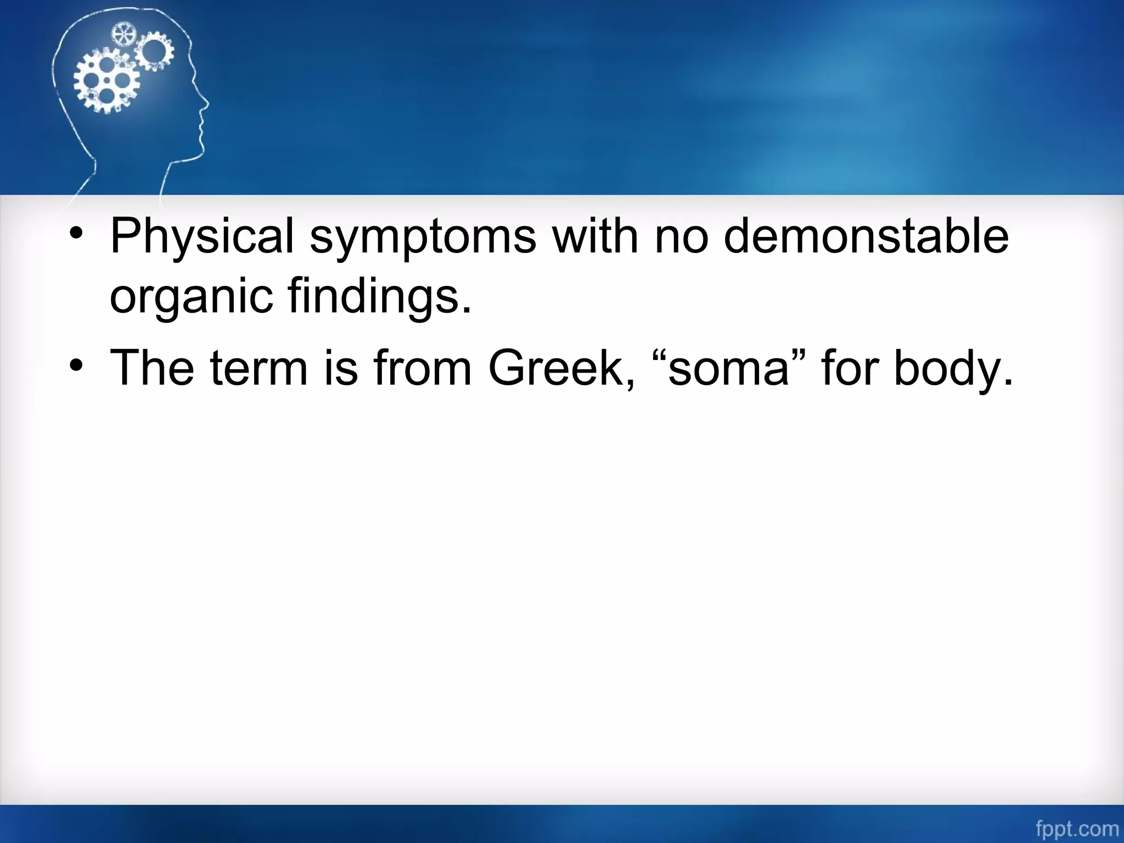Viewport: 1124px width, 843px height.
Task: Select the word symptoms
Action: click(423, 237)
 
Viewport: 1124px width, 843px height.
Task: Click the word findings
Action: click(379, 296)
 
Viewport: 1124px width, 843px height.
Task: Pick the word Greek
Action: click(561, 368)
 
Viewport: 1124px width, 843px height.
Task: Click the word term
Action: click(258, 368)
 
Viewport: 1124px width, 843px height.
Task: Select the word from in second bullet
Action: click(423, 368)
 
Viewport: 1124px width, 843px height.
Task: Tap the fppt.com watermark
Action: click(1077, 829)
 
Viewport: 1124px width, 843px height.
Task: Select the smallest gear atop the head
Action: click(123, 35)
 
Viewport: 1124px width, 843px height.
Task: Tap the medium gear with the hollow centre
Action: click(155, 51)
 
